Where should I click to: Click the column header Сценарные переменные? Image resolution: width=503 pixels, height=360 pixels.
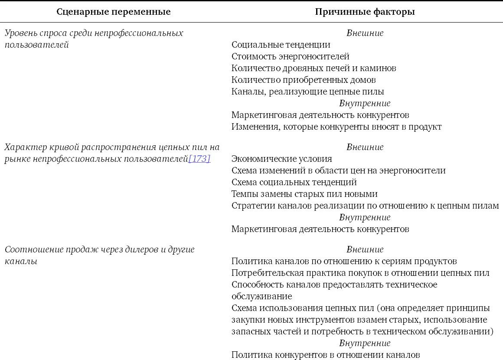[114, 12]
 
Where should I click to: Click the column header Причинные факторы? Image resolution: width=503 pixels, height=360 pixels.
[365, 12]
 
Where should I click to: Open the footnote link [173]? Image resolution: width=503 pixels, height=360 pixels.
[199, 159]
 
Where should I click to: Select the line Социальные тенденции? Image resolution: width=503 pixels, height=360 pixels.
[281, 45]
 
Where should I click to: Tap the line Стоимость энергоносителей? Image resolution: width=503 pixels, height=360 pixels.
[290, 56]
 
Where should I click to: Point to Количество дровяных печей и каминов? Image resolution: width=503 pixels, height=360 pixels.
[314, 68]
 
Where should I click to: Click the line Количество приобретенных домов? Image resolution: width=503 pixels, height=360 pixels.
[304, 80]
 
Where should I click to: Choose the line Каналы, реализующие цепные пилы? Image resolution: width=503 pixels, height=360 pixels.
[307, 92]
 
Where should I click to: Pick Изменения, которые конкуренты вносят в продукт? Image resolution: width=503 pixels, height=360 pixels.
[336, 127]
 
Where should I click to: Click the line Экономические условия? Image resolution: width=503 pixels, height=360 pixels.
[281, 159]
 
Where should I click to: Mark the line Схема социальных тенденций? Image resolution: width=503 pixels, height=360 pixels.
[294, 182]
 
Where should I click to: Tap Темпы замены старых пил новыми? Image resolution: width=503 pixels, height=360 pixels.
[304, 194]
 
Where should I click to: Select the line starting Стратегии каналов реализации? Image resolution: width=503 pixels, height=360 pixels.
[365, 206]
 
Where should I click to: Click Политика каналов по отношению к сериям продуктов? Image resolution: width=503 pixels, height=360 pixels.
[344, 261]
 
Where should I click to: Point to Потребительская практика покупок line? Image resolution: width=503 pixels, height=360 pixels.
[360, 273]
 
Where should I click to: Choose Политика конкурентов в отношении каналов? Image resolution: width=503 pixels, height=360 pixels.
[326, 355]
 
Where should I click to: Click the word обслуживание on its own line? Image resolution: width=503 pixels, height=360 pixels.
[261, 296]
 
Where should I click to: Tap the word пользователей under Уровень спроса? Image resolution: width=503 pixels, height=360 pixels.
[37, 45]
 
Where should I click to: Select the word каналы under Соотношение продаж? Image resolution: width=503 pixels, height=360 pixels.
[21, 261]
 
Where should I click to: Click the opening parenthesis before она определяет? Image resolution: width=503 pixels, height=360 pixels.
[379, 308]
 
